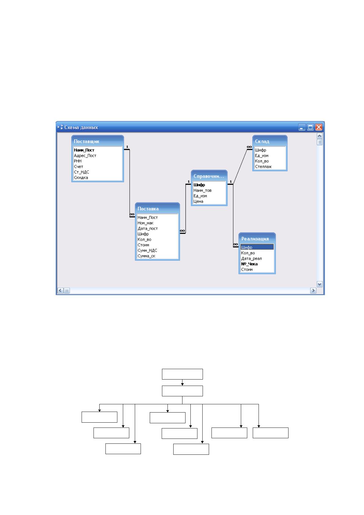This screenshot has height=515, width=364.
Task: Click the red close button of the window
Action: [318, 127]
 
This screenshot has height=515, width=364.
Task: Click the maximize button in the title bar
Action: [310, 127]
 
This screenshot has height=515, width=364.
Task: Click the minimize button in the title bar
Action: [302, 127]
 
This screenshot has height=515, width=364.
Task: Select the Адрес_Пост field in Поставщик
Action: [85, 156]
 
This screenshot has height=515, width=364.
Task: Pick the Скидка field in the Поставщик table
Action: [81, 178]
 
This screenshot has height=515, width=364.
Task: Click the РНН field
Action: [77, 161]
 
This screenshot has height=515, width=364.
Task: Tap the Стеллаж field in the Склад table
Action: [263, 167]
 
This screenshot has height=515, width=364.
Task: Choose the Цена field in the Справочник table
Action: [198, 202]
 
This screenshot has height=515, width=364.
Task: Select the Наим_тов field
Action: [202, 190]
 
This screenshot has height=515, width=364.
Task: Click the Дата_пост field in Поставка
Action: [148, 228]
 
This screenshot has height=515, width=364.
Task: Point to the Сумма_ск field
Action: [146, 256]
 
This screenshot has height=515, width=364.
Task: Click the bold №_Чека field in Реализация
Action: [249, 264]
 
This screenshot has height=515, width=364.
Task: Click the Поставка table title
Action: [148, 209]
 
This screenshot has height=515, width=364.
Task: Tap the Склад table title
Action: [262, 141]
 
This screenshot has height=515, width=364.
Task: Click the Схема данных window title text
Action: [81, 127]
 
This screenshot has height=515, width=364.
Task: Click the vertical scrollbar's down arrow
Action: [319, 284]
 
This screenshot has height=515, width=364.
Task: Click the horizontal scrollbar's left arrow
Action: [61, 291]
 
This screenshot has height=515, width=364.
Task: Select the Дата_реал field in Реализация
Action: [251, 259]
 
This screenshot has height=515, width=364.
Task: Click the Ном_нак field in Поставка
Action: [145, 223]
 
